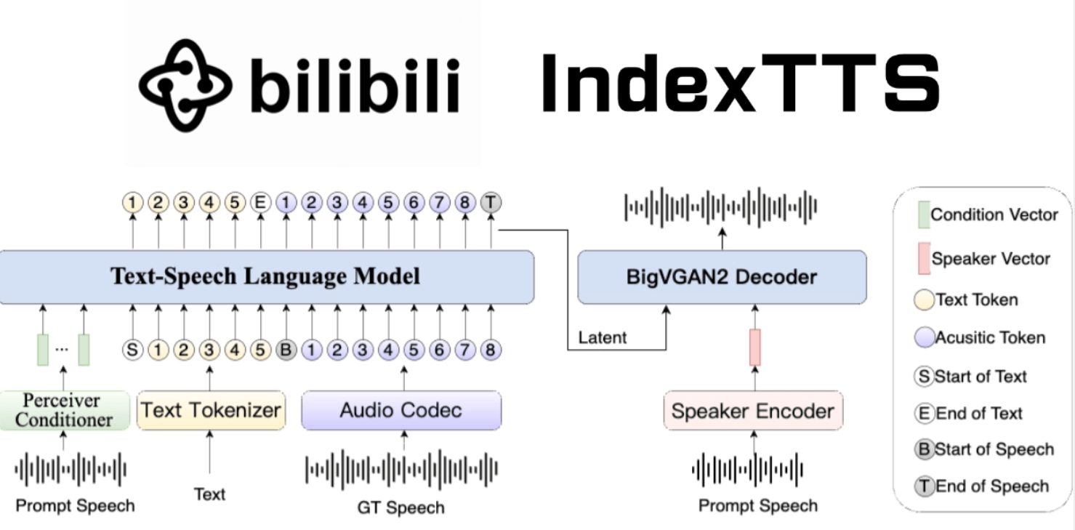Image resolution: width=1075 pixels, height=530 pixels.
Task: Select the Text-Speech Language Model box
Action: click(266, 277)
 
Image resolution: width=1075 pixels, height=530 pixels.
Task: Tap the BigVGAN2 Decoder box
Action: click(722, 277)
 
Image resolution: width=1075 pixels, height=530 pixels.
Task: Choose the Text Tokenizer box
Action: click(211, 410)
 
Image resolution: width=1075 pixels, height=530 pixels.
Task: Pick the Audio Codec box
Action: click(401, 410)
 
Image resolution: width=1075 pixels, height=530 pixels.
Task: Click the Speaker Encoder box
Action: click(753, 411)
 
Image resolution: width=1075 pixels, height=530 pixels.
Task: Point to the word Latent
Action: click(603, 337)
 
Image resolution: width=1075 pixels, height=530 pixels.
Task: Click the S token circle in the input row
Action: click(132, 350)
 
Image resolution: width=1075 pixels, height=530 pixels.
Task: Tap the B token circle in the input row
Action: click(286, 350)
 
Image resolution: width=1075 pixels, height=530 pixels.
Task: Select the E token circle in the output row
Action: click(259, 203)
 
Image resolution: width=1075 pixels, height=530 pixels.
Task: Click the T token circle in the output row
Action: click(491, 203)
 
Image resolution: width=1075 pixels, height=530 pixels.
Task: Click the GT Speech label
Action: click(400, 507)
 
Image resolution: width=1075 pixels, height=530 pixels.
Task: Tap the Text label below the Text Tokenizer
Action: click(209, 494)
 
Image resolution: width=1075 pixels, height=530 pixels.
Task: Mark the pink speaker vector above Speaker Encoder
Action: click(755, 347)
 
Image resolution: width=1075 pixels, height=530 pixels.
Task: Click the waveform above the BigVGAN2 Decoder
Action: click(721, 206)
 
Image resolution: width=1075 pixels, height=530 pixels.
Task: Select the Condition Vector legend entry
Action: click(986, 214)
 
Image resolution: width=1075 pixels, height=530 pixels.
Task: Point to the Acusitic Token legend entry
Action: click(981, 337)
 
